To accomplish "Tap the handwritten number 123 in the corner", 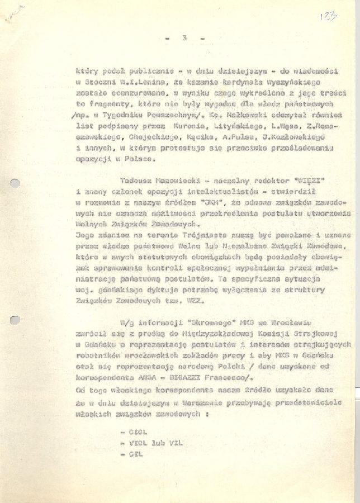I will [329, 17].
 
